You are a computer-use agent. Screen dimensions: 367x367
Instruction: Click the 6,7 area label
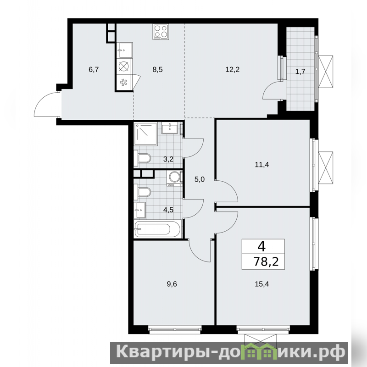click(x=94, y=70)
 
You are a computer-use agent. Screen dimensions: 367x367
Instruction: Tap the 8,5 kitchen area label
click(x=157, y=70)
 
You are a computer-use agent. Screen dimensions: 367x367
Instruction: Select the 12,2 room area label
click(x=233, y=70)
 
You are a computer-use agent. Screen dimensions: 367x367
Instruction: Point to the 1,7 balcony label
click(x=300, y=72)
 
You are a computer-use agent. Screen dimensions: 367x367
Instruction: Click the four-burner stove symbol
click(x=161, y=32)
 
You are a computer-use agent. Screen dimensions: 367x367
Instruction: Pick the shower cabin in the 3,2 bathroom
click(x=145, y=134)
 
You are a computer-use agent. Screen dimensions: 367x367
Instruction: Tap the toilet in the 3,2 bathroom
click(x=142, y=158)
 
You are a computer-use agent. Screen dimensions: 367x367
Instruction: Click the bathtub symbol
click(x=157, y=228)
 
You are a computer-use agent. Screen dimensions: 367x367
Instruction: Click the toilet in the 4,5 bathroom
click(x=142, y=192)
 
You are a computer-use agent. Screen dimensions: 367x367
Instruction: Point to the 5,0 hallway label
click(x=200, y=179)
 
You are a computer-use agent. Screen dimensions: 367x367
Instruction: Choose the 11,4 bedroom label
click(x=262, y=165)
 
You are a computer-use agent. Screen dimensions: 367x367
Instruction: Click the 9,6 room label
click(x=172, y=284)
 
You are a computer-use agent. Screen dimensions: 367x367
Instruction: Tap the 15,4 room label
click(x=262, y=284)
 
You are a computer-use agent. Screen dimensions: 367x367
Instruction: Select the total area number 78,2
click(x=267, y=261)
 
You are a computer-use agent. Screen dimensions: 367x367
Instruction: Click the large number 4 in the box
click(x=261, y=246)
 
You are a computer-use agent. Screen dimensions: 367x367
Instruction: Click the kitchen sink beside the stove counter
click(x=124, y=50)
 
